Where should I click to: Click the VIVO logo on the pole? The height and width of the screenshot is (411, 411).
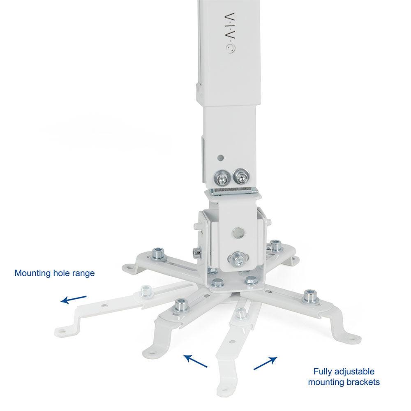(231, 33)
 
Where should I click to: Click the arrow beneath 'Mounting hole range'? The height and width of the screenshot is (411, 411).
(74, 300)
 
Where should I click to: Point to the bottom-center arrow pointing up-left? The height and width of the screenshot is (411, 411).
(195, 361)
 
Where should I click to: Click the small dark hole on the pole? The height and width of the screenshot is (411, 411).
(221, 158)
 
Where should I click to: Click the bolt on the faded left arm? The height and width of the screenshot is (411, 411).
(147, 292)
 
